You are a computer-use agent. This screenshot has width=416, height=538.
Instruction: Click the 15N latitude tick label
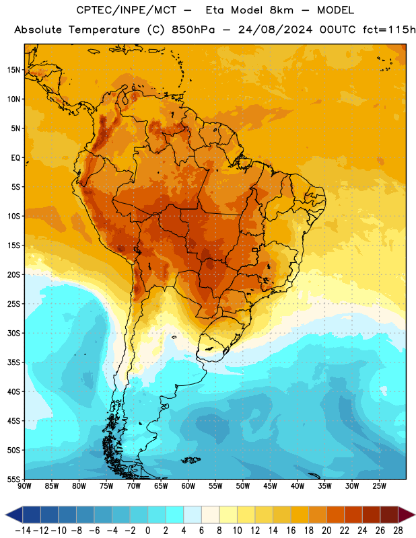pyautogui.click(x=13, y=70)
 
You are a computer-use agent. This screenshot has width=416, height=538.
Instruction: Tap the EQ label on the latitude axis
pyautogui.click(x=15, y=158)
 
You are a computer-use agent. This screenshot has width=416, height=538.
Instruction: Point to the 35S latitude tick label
pyautogui.click(x=13, y=362)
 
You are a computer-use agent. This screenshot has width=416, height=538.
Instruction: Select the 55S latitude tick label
pyautogui.click(x=13, y=479)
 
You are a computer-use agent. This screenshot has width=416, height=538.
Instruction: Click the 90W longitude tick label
pyautogui.click(x=24, y=486)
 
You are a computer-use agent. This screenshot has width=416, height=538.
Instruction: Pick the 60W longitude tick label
pyautogui.click(x=188, y=486)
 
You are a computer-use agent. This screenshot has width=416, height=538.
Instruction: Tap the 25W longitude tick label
pyautogui.click(x=379, y=486)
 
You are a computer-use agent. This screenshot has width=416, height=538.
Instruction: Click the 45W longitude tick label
pyautogui.click(x=270, y=486)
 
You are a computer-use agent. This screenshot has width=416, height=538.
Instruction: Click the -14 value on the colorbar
pyautogui.click(x=23, y=531)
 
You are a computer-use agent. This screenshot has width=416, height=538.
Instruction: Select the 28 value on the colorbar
pyautogui.click(x=398, y=531)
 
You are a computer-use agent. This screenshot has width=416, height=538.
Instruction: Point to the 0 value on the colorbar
pyautogui.click(x=147, y=531)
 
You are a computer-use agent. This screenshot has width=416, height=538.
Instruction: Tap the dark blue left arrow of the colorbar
pyautogui.click(x=14, y=514)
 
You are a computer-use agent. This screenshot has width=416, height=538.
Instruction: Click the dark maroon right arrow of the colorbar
pyautogui.click(x=407, y=514)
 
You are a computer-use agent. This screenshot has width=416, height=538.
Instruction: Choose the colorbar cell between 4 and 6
pyautogui.click(x=193, y=514)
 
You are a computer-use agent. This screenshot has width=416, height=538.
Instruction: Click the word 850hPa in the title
pyautogui.click(x=193, y=30)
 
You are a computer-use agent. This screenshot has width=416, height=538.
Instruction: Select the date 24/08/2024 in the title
pyautogui.click(x=275, y=30)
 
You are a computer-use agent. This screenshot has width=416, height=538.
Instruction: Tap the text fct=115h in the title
pyautogui.click(x=389, y=30)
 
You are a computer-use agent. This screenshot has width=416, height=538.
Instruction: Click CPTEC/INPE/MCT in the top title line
pyautogui.click(x=126, y=10)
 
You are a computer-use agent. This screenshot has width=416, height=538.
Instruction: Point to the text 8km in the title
pyautogui.click(x=281, y=10)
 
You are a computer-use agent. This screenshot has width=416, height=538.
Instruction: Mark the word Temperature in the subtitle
pyautogui.click(x=104, y=30)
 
